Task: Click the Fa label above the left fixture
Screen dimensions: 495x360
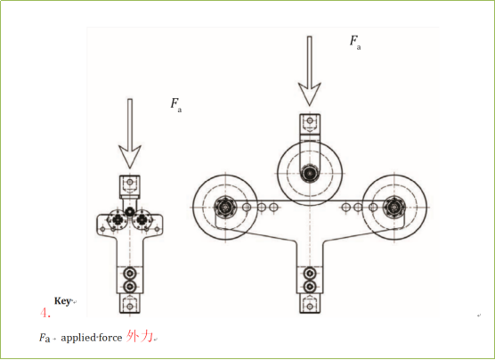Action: coord(176,105)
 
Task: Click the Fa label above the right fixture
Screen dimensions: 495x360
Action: coord(355,43)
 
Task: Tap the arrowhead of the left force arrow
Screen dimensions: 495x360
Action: coord(130,157)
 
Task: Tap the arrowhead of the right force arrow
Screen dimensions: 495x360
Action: coord(310,94)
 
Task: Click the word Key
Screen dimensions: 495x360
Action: coord(62,301)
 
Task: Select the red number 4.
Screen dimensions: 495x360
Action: coord(45,313)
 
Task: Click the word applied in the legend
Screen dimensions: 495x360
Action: coord(78,338)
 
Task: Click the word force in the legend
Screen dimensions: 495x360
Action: coord(110,338)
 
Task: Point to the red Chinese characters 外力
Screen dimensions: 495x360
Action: coord(140,337)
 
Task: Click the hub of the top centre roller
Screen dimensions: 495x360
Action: coord(310,173)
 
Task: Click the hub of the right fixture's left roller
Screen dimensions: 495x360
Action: coord(225,208)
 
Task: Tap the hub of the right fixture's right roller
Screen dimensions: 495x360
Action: coord(394,208)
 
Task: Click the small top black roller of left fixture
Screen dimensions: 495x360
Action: coord(129,211)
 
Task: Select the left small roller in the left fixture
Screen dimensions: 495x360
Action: coord(118,219)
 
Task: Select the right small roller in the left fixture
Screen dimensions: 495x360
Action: coord(142,219)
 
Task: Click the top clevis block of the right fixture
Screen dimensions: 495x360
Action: coord(310,123)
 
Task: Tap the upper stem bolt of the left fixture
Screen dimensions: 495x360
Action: coord(129,273)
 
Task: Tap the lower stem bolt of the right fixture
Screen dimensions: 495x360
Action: coord(310,287)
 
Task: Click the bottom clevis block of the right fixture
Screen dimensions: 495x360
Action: coord(310,304)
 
